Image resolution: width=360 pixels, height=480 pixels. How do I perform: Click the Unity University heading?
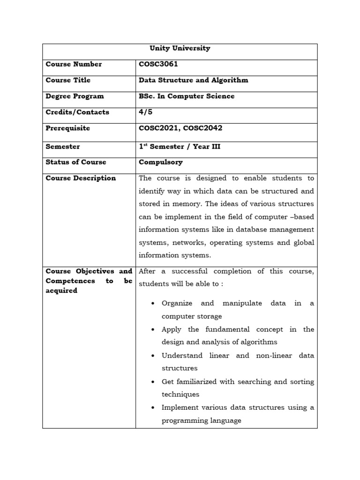[x=180, y=48]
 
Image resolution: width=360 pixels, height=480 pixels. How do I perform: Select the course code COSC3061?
[x=158, y=64]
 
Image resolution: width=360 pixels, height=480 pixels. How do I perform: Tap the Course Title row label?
[x=68, y=80]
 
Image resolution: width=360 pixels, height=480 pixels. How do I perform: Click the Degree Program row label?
[x=75, y=96]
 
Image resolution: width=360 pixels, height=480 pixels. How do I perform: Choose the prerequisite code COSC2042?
[x=203, y=128]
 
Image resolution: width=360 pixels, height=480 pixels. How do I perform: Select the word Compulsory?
[x=161, y=162]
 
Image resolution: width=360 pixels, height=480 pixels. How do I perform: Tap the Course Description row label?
[x=81, y=178]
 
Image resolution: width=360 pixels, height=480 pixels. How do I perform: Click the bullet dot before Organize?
[x=153, y=304]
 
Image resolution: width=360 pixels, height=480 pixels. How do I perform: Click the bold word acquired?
[x=61, y=291]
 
